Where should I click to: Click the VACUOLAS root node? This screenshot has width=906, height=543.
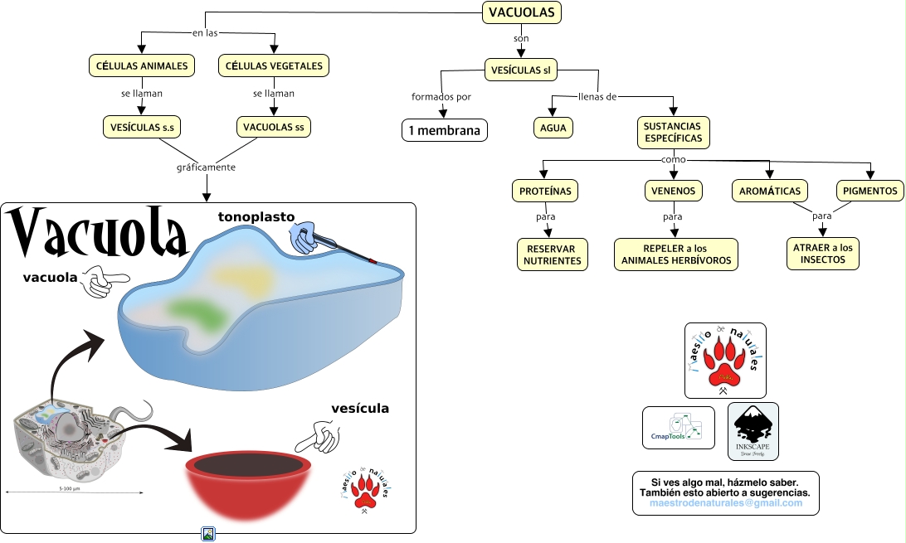point(522,12)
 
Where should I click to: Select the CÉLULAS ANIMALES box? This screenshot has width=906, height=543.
point(141,65)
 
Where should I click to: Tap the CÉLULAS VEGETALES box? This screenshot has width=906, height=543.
point(274,65)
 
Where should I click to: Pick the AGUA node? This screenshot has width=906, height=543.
point(553,128)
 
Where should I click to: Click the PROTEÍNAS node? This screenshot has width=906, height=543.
point(544,191)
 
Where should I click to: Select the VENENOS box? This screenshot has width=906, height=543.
point(673,191)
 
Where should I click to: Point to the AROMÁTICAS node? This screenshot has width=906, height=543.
point(770,191)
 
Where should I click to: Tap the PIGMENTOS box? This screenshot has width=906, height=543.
point(869,191)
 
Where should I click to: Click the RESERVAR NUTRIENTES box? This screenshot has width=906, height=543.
point(552,255)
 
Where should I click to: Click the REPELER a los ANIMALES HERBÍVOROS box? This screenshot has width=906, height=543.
point(675,255)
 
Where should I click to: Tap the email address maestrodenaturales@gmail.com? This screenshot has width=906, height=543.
point(725,503)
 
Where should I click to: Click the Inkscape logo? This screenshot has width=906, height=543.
point(753,431)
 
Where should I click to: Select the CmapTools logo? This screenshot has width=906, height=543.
point(679,428)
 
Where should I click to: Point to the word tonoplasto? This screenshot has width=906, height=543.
point(256,217)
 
